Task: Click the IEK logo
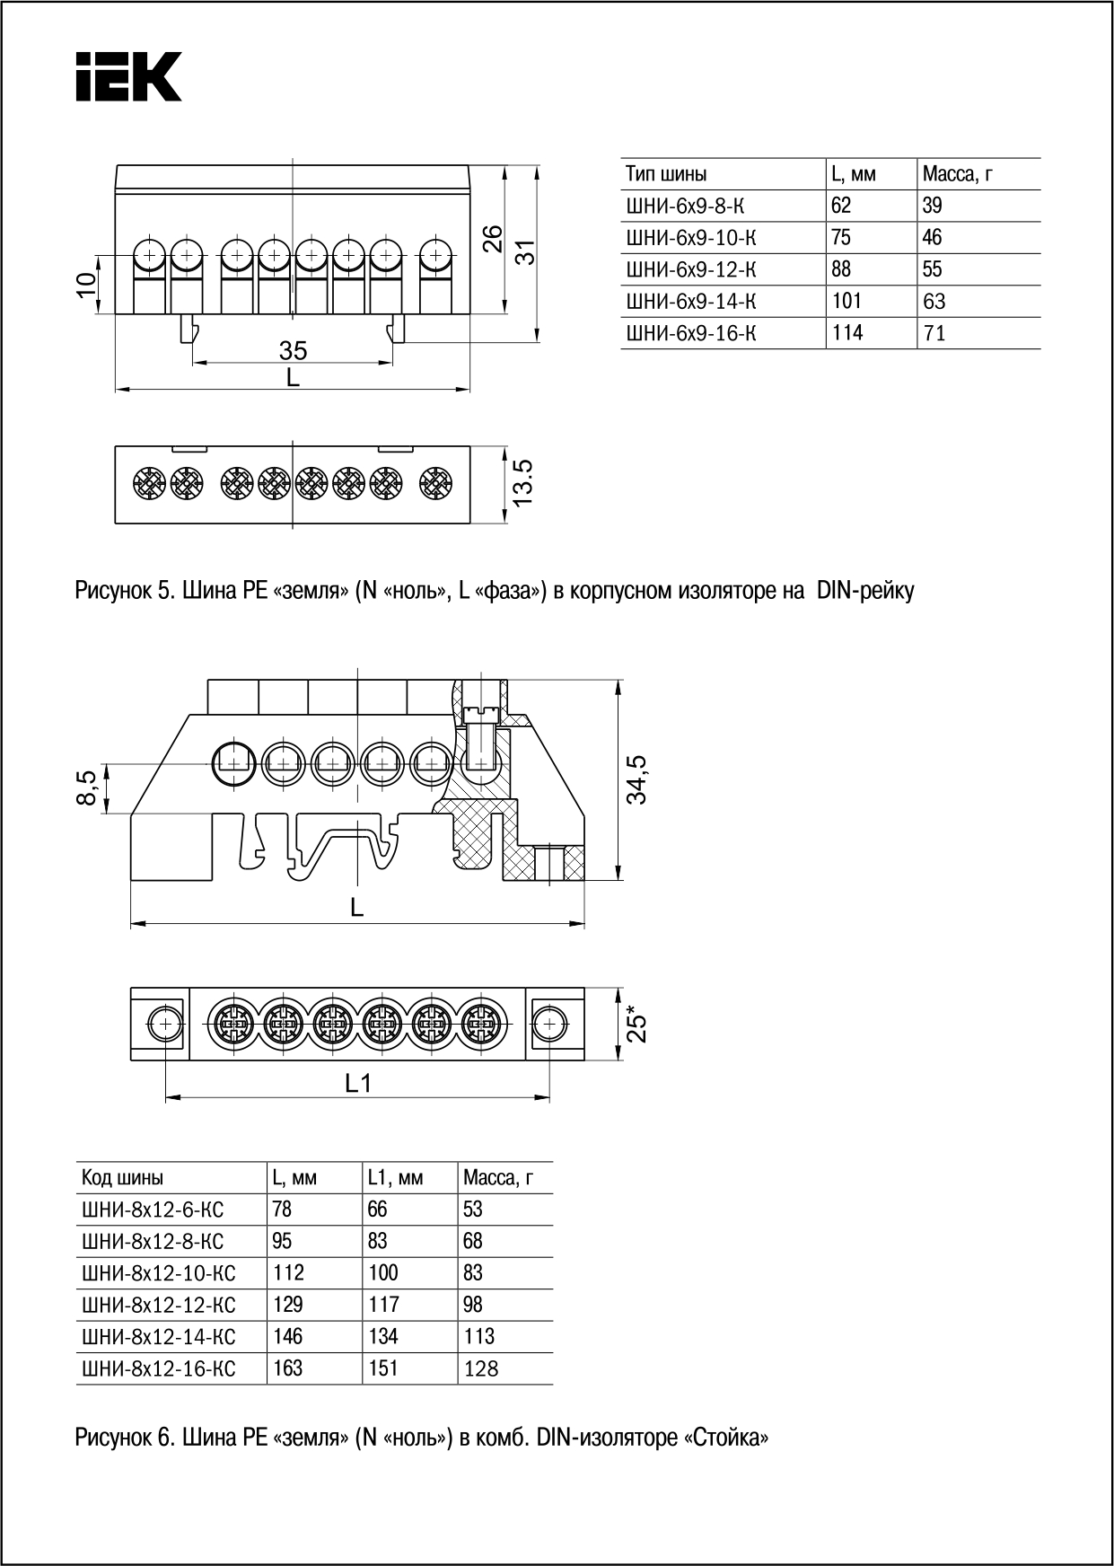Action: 128,76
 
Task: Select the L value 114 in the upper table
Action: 846,333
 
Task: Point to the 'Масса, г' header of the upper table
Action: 957,173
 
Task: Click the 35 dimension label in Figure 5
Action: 293,351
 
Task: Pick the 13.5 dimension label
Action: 524,482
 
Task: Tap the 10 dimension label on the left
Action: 86,284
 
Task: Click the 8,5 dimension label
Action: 87,789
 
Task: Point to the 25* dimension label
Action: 636,1024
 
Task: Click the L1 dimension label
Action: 358,1084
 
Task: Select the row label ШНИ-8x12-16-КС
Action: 158,1368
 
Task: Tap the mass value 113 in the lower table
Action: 478,1336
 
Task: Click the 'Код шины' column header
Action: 123,1177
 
